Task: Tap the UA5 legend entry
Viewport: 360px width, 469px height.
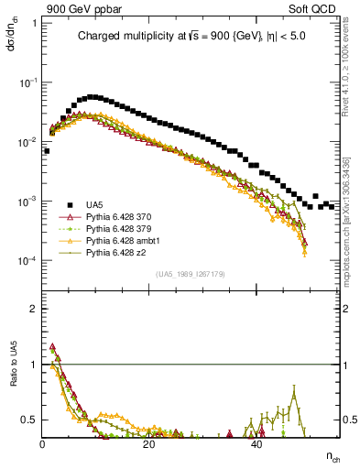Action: click(94, 204)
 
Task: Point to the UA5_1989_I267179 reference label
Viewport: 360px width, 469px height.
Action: click(192, 274)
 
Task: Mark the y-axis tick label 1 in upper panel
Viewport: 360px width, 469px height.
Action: click(34, 23)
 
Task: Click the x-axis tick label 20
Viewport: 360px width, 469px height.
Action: click(149, 444)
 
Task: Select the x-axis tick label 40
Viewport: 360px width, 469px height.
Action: click(256, 444)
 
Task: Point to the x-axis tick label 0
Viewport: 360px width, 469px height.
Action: click(43, 444)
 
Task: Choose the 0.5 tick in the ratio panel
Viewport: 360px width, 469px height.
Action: click(29, 420)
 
